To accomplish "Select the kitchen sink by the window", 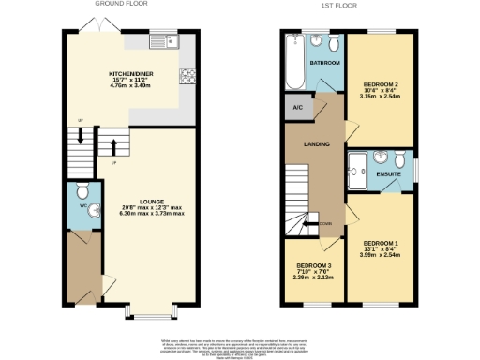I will (169, 41).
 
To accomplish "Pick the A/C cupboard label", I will (297, 108).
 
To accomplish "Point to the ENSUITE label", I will (389, 173).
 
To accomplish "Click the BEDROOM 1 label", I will (380, 243).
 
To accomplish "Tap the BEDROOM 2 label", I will (381, 84).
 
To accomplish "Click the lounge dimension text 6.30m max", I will (139, 213).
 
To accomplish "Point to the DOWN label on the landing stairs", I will (324, 222).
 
